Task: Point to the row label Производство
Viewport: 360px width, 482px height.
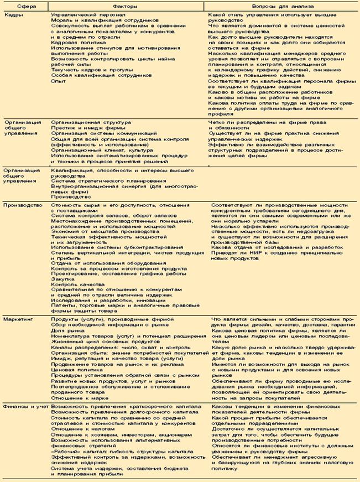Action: point(23,204)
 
